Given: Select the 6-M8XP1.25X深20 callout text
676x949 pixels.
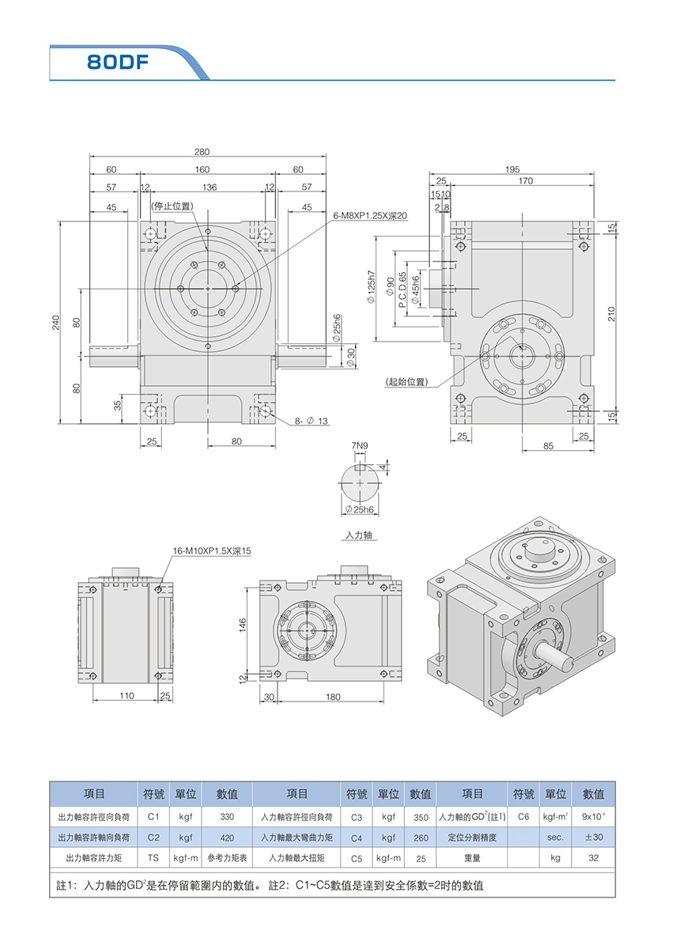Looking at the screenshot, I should point(370,215).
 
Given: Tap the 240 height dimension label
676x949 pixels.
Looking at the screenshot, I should point(56,324).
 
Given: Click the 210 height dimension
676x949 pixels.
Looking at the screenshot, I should point(610,315).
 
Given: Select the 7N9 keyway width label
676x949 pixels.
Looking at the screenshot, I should point(360,446).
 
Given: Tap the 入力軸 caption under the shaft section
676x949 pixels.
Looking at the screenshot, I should point(360,535).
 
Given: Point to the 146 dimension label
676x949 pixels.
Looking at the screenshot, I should point(243,625).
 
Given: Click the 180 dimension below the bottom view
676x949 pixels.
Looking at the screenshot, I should point(333,696).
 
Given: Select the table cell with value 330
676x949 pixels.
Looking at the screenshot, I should point(227,816).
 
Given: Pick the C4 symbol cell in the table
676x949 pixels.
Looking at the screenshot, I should point(356,837).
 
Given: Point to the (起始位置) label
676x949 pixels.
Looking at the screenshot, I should point(406,382).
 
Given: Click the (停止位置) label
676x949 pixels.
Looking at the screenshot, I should point(172,206).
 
